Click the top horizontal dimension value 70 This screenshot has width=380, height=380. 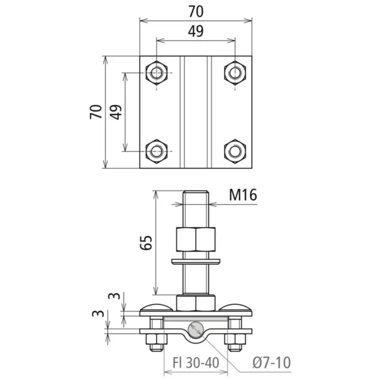[196, 11]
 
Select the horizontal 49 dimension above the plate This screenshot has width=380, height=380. [196, 31]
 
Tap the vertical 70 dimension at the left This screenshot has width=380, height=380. [96, 112]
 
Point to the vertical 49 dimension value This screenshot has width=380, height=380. [116, 112]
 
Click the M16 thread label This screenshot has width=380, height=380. [243, 195]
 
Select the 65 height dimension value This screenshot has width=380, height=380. [146, 242]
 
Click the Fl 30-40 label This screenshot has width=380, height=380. [196, 363]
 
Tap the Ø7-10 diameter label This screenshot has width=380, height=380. [271, 363]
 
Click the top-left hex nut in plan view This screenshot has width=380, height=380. [156, 72]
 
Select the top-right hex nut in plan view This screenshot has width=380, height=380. [235, 72]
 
